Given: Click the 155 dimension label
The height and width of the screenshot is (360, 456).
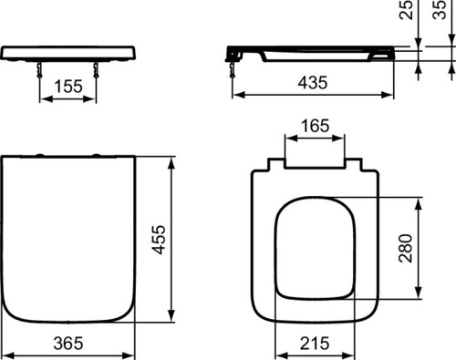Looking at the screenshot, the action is [x=68, y=87].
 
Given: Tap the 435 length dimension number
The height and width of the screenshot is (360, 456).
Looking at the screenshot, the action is [x=313, y=83].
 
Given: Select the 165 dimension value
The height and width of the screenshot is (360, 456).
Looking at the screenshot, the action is [x=315, y=126].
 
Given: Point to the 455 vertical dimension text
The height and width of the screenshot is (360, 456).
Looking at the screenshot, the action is [x=159, y=240].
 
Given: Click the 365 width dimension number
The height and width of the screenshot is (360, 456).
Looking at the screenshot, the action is [x=68, y=344].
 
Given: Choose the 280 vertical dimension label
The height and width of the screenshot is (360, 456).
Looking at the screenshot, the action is [x=406, y=248].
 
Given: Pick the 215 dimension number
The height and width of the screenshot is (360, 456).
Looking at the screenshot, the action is [x=315, y=344].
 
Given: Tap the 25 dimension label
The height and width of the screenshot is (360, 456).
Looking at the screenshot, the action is [x=406, y=10].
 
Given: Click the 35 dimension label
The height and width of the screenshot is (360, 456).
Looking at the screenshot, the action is [x=439, y=9].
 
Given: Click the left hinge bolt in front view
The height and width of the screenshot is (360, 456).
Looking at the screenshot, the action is [x=39, y=69].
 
